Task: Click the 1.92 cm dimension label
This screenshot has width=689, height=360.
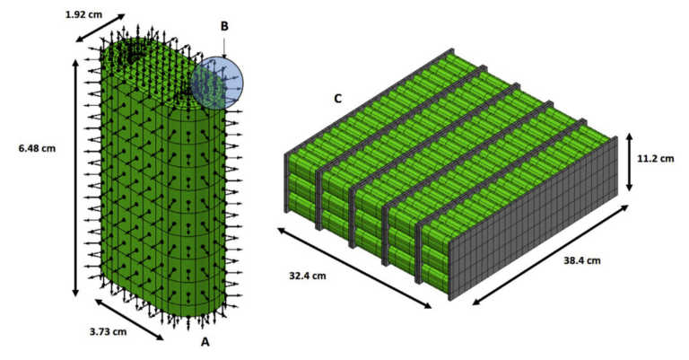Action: coord(83,14)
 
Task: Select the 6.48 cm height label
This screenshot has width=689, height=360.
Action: coord(37,148)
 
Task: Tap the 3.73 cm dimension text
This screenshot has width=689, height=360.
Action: coord(108,331)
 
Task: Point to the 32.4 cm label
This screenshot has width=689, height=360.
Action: coord(308,276)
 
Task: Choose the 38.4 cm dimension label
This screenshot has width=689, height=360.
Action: coord(581,260)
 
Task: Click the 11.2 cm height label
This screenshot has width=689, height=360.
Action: coord(656,158)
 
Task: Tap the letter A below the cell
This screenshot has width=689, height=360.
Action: coord(205,341)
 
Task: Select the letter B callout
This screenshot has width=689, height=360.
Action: coord(224,26)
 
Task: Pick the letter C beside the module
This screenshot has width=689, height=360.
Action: coord(337,99)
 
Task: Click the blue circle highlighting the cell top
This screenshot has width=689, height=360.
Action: coord(217,83)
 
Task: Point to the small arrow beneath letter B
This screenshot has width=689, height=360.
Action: coord(224,48)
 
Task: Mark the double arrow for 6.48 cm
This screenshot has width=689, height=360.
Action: coord(75,178)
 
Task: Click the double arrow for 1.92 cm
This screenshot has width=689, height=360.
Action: coord(100,28)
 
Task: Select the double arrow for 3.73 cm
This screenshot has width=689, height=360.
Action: coord(129,320)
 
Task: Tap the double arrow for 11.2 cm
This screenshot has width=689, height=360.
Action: coord(629,162)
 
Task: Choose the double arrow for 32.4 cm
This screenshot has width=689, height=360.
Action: coord(354,268)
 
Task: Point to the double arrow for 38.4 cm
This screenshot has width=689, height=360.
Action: coord(550,254)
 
